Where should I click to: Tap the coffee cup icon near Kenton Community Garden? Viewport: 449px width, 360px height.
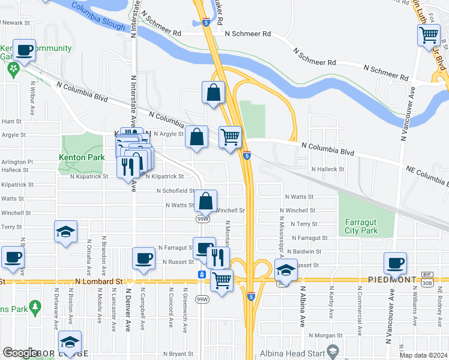[24, 50]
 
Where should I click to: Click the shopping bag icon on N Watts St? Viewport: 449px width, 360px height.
[205, 200]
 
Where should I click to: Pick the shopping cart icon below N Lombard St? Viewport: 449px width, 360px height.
[222, 280]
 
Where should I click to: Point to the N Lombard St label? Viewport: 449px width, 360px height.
[99, 281]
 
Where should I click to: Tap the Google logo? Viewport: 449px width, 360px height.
[20, 353]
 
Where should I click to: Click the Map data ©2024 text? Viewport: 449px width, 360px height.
[423, 355]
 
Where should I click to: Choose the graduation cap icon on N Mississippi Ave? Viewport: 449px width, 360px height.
[286, 270]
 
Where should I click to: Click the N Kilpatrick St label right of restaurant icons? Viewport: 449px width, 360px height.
[164, 176]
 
